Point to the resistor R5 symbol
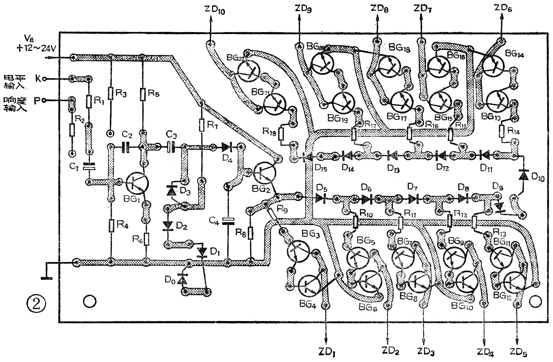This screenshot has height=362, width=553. tap(142, 94)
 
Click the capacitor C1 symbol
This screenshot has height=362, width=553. tap(88, 167)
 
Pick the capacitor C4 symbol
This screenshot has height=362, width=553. tap(228, 221)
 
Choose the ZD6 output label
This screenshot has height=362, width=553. tap(503, 8)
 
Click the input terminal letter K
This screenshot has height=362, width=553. tap(38, 78)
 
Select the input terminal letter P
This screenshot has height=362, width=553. tap(37, 100)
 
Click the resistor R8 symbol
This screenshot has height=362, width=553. tap(251, 232)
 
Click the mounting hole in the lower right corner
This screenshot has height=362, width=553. tap(534, 301)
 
